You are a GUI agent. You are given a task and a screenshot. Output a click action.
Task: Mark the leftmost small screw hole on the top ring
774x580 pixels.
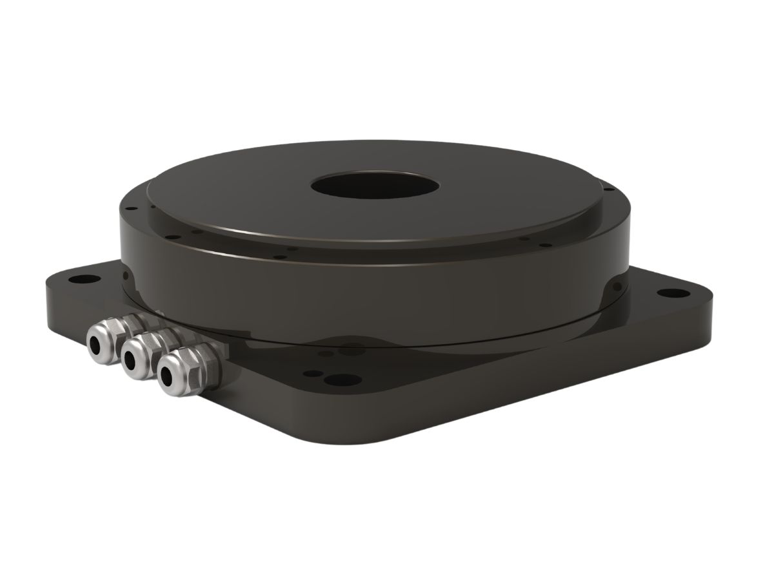pyautogui.click(x=128, y=209)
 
